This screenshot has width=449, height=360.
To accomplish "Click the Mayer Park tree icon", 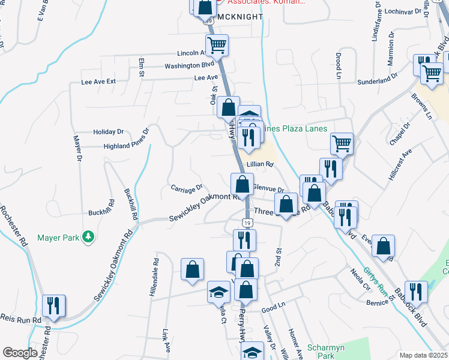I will (89, 238).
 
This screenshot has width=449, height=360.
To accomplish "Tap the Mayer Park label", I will (58, 238).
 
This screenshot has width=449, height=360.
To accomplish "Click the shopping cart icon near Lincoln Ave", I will (217, 44).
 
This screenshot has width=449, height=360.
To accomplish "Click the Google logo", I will (20, 353).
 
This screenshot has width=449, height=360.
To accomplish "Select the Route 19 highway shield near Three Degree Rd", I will (247, 223).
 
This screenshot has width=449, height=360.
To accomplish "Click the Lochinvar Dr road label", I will (402, 11).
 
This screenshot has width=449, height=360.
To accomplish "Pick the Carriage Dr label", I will (187, 189).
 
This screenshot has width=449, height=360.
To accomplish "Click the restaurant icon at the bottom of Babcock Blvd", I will (416, 292).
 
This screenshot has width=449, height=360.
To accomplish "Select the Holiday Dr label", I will (108, 131).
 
